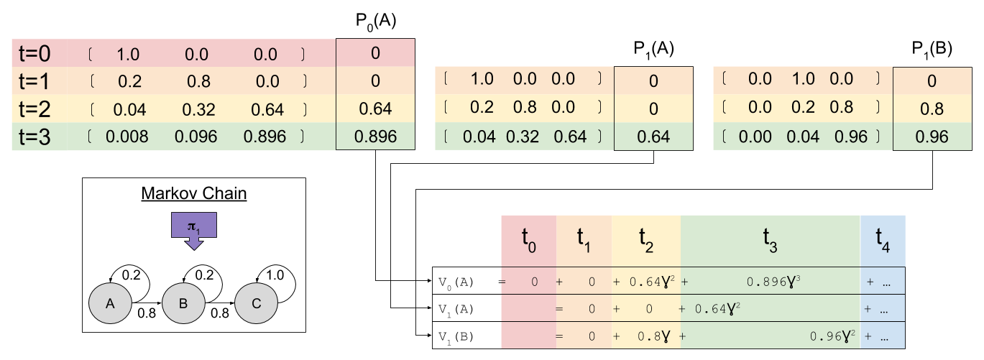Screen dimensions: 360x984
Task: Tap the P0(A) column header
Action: pos(374,21)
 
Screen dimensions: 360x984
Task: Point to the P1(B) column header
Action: pos(932,48)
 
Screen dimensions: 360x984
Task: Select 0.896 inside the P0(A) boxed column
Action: pos(374,136)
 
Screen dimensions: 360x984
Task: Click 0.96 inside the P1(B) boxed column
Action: pos(932,136)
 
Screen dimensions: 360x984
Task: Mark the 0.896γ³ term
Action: pos(773,282)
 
